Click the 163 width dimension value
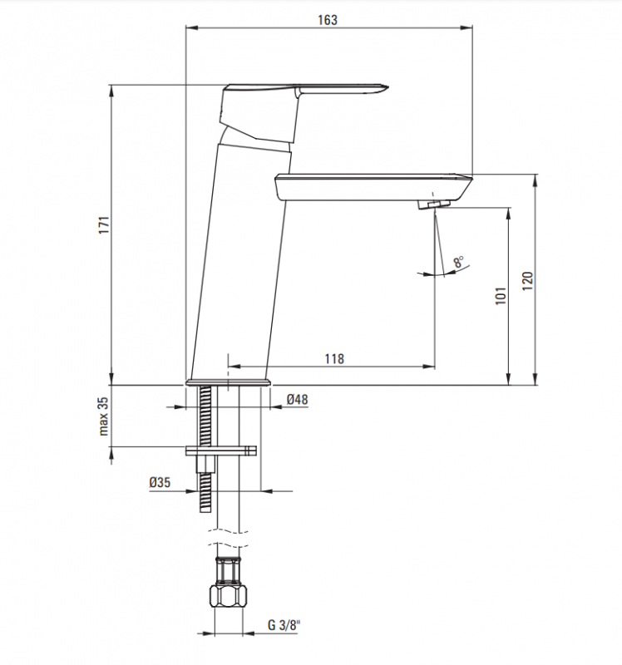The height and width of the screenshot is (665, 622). (x=328, y=21)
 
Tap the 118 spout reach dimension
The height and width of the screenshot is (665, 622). (x=333, y=358)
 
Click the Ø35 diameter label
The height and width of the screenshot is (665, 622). (x=160, y=483)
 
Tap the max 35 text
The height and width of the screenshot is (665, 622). (x=104, y=416)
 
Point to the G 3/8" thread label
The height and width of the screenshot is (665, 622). (x=283, y=624)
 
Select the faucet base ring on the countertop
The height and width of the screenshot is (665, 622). (x=228, y=382)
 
